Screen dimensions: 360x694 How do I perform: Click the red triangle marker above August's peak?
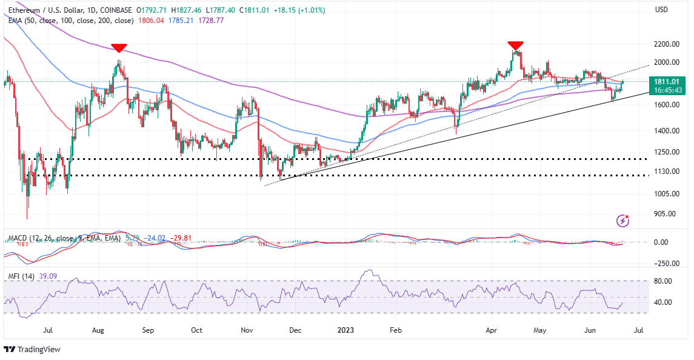point(119,48)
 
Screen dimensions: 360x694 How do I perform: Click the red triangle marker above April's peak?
point(515,45)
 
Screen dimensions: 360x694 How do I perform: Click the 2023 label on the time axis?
point(345,331)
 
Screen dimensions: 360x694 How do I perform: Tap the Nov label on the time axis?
point(246,331)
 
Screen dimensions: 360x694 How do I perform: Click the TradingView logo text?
point(36,349)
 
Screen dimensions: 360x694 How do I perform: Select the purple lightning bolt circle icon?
point(622,221)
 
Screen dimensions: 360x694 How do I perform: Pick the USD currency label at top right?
point(662,10)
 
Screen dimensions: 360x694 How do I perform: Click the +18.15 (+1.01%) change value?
point(286,10)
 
